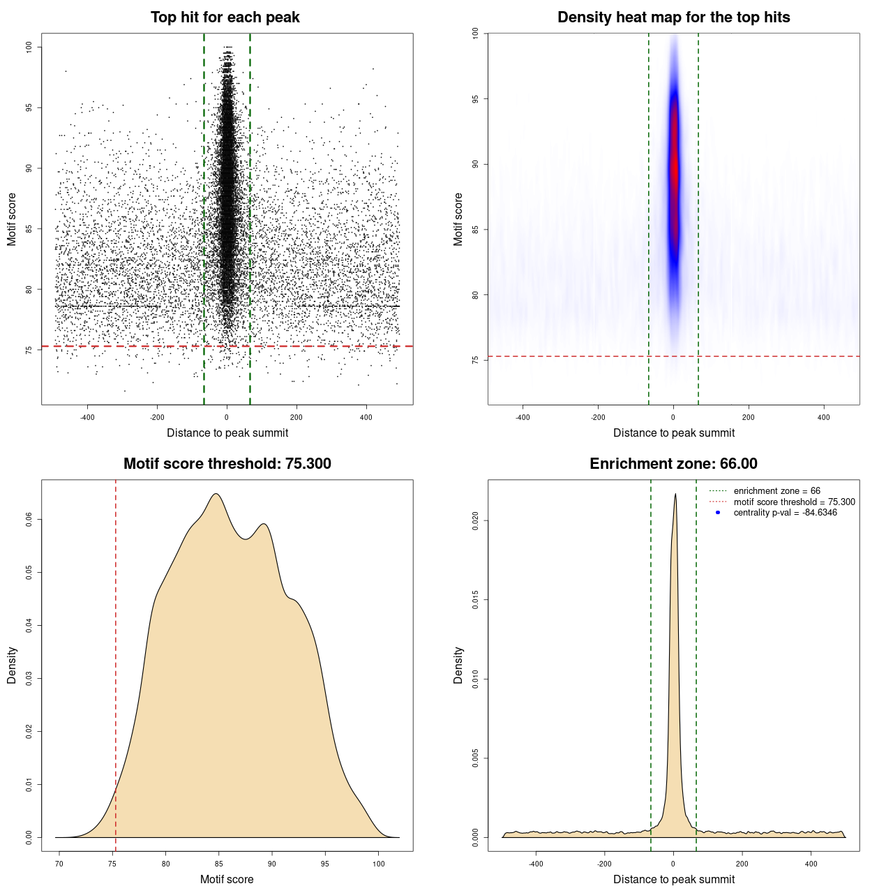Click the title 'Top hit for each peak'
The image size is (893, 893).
click(x=225, y=17)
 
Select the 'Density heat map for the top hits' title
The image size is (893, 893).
click(x=673, y=17)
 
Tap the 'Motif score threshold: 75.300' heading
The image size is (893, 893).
click(x=227, y=464)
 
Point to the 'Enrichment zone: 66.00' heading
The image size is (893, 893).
click(x=673, y=464)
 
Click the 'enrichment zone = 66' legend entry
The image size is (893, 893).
click(x=776, y=491)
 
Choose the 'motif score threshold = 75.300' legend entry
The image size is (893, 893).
click(x=794, y=502)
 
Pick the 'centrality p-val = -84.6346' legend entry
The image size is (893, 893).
click(x=785, y=513)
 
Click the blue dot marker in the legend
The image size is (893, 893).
click(x=718, y=513)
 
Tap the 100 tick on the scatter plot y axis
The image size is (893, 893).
click(x=29, y=47)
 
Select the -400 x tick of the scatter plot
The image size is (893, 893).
click(x=87, y=417)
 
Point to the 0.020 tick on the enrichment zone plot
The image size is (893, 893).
click(x=475, y=520)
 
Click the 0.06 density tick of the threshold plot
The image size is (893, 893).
click(x=29, y=520)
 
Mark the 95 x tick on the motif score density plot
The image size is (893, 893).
click(x=325, y=864)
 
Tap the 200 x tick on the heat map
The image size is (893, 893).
click(x=749, y=417)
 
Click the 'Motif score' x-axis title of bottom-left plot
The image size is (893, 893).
click(x=227, y=879)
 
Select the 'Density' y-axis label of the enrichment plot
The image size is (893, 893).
click(x=458, y=665)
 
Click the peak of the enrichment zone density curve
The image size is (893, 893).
click(x=675, y=495)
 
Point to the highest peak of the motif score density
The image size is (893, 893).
click(x=216, y=494)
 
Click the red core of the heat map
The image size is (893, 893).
click(x=674, y=167)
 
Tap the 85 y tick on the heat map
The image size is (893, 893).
click(x=475, y=230)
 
